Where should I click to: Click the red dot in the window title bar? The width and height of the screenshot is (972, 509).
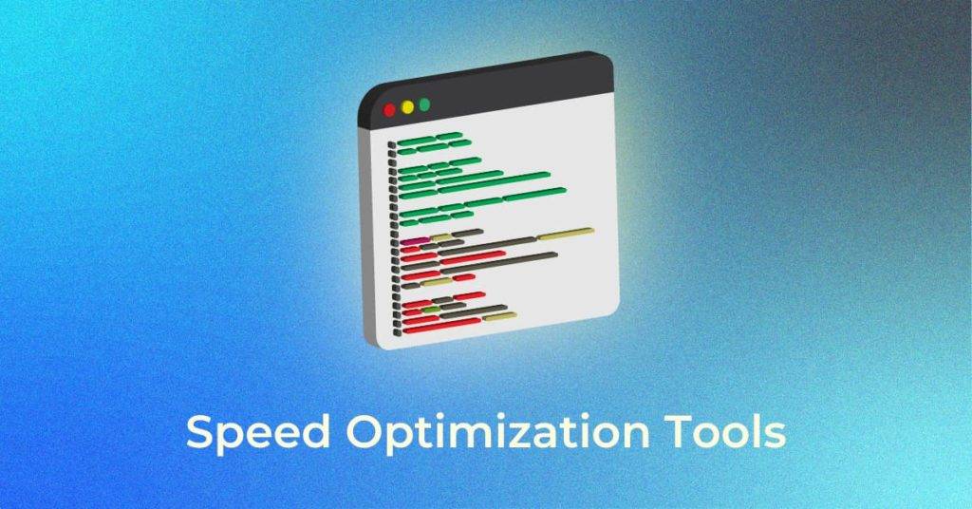click(x=389, y=109)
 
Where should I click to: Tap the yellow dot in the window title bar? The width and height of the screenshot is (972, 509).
click(x=407, y=106)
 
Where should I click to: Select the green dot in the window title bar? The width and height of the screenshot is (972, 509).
click(x=424, y=104)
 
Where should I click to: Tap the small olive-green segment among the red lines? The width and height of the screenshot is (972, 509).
click(x=430, y=310)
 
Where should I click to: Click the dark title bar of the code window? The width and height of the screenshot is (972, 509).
click(x=494, y=90)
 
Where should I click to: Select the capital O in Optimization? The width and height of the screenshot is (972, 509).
click(x=361, y=432)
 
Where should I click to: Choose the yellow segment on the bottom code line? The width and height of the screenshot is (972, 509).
click(x=499, y=316)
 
